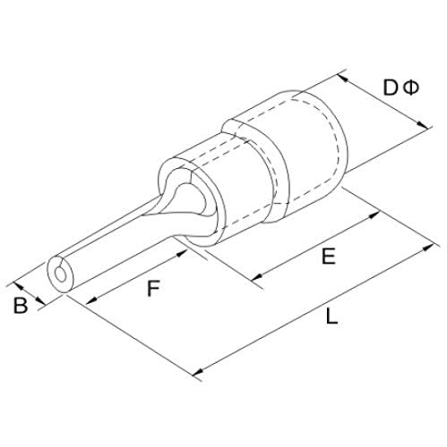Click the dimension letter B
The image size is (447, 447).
21,305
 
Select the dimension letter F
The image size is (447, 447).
154,288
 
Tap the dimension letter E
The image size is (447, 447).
329,257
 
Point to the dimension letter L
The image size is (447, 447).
331,316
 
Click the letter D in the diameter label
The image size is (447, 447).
391,88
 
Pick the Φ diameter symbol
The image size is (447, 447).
411,88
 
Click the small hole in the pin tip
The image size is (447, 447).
61,274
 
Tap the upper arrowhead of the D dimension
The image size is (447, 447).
343,78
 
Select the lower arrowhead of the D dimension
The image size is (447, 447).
422,124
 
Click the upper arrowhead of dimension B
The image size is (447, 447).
19,286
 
